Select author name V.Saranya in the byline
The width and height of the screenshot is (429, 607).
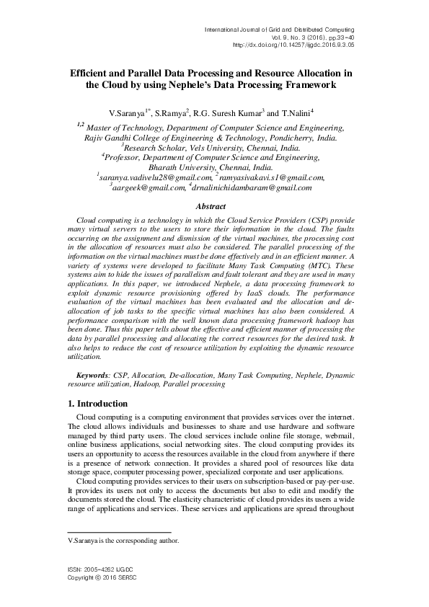126,113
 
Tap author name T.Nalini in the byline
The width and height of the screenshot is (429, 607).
296,113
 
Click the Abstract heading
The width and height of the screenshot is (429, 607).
213,206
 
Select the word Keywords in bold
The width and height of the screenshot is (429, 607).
93,376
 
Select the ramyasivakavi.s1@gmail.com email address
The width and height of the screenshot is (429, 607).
271,177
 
